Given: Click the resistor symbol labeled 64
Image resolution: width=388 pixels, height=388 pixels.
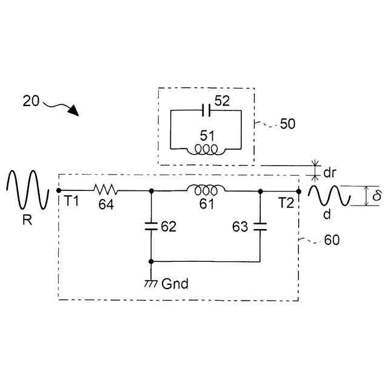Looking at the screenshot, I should (x=105, y=190).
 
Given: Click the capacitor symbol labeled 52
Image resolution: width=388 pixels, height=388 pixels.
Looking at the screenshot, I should (x=207, y=110).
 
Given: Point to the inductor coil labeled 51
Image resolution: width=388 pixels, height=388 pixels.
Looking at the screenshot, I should (x=207, y=150).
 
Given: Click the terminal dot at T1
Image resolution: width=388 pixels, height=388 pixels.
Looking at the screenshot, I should (x=58, y=190).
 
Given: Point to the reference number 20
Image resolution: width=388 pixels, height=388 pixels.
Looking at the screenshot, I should (x=31, y=101).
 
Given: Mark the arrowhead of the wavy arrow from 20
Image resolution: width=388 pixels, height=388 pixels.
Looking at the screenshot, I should (x=75, y=111).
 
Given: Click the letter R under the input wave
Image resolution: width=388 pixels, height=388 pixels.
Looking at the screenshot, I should (x=27, y=221).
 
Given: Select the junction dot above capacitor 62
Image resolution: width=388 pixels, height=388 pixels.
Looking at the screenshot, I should (x=151, y=190).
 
